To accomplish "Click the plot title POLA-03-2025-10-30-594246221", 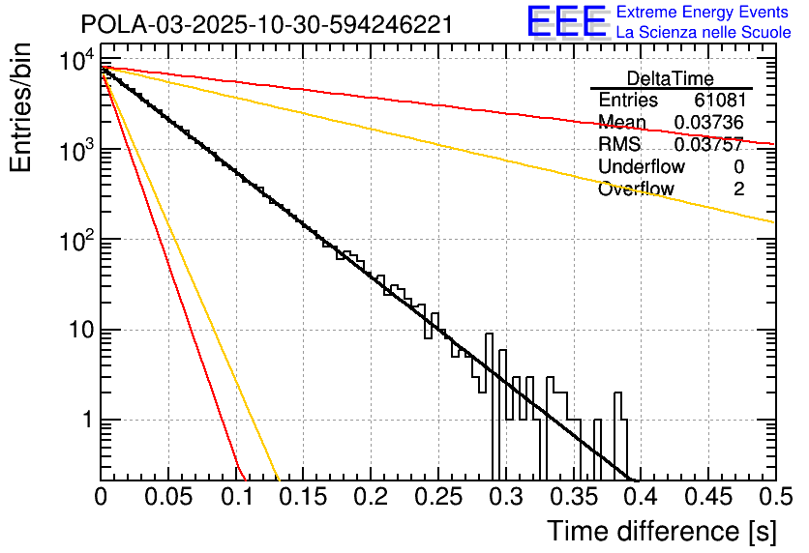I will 266,25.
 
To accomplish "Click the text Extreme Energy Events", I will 704,13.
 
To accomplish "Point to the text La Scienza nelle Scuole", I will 704,33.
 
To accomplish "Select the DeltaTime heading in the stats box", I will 670,78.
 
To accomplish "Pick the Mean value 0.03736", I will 708,122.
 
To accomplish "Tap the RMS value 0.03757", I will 708,144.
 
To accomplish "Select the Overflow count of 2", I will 738,189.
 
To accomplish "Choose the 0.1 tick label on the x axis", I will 235,497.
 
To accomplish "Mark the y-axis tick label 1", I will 85,422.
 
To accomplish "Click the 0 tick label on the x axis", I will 101,497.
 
